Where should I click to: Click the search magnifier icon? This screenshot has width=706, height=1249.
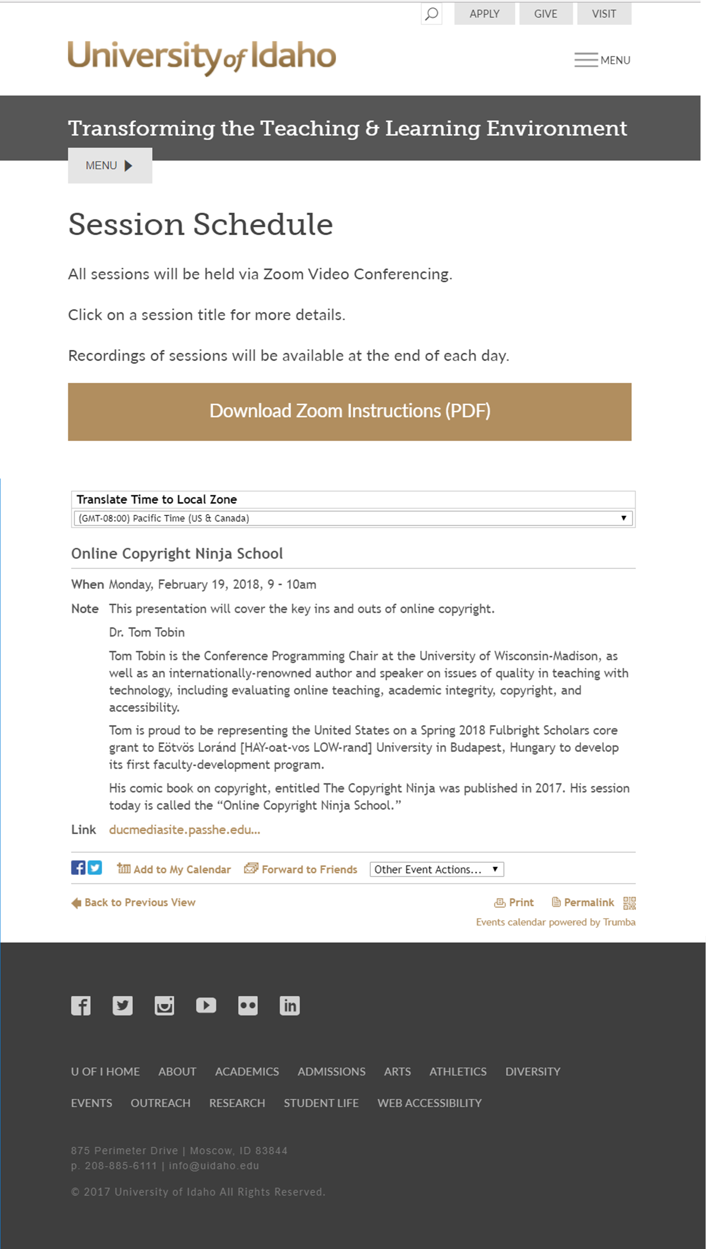(x=431, y=14)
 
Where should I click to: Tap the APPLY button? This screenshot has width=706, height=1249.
(x=484, y=14)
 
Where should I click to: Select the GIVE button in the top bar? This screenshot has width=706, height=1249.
(x=546, y=14)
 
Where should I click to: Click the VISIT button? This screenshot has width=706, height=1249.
(x=604, y=14)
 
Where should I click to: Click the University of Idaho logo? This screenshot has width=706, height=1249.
(x=202, y=57)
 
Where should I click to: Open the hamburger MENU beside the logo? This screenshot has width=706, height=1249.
(x=602, y=59)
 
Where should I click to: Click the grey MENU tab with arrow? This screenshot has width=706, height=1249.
(x=110, y=166)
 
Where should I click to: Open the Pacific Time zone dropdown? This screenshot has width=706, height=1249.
(x=353, y=518)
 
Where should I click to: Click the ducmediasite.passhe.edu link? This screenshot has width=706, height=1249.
(x=184, y=829)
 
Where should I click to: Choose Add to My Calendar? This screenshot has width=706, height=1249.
(x=174, y=869)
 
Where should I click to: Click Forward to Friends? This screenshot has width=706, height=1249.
(x=301, y=869)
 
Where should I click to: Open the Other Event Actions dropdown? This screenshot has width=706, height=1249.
(x=436, y=869)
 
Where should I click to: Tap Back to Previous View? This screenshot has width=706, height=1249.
(x=134, y=902)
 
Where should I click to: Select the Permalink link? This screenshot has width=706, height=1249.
(x=583, y=902)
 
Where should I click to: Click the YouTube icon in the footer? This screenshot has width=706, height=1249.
(x=206, y=1006)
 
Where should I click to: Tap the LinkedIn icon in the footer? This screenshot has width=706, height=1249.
(x=289, y=1006)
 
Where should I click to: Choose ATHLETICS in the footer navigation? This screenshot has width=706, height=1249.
(x=458, y=1071)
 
